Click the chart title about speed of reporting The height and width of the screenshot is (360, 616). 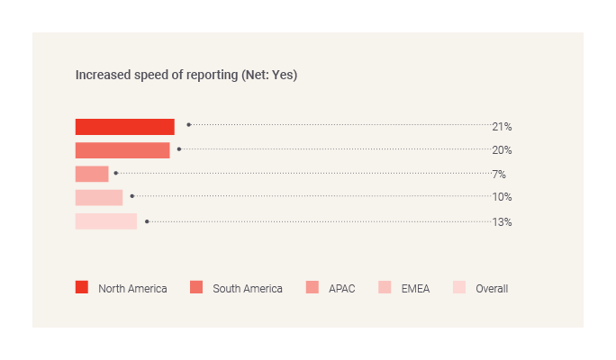(186, 76)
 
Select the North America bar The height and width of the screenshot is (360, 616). (124, 127)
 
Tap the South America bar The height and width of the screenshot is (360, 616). (122, 150)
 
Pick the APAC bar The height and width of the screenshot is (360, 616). (92, 174)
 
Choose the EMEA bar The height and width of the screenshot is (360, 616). (99, 197)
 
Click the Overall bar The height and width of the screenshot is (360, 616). (106, 221)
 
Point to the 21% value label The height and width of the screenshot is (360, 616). (502, 127)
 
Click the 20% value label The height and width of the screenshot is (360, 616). (502, 150)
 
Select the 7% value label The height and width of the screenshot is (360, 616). (499, 174)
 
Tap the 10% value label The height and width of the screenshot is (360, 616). (502, 197)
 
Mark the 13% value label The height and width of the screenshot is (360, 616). (502, 221)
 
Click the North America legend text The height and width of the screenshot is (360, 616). (132, 289)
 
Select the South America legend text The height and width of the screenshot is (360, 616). (248, 289)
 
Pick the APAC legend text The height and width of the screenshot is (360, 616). (341, 289)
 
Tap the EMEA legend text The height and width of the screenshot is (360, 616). (415, 289)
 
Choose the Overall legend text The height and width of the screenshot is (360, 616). (492, 289)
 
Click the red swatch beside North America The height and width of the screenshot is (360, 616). (82, 288)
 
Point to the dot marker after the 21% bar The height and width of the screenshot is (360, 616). (188, 125)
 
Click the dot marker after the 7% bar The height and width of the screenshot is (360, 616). (116, 172)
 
